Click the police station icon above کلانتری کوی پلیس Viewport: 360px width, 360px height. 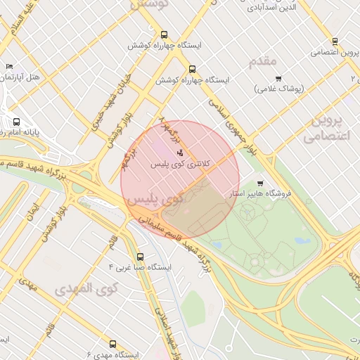(180, 152)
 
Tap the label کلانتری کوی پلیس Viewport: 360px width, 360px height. (180, 163)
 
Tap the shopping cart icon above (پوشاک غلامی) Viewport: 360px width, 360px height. (278, 78)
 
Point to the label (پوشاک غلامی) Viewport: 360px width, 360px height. (278, 89)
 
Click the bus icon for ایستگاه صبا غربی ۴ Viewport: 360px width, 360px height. (141, 257)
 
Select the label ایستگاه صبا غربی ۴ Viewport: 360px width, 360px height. (141, 268)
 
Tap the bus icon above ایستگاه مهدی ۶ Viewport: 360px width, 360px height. (113, 344)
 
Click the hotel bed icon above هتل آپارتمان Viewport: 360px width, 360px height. (8, 67)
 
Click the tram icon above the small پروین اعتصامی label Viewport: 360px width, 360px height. (334, 41)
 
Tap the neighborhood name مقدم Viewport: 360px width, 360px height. (262, 62)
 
